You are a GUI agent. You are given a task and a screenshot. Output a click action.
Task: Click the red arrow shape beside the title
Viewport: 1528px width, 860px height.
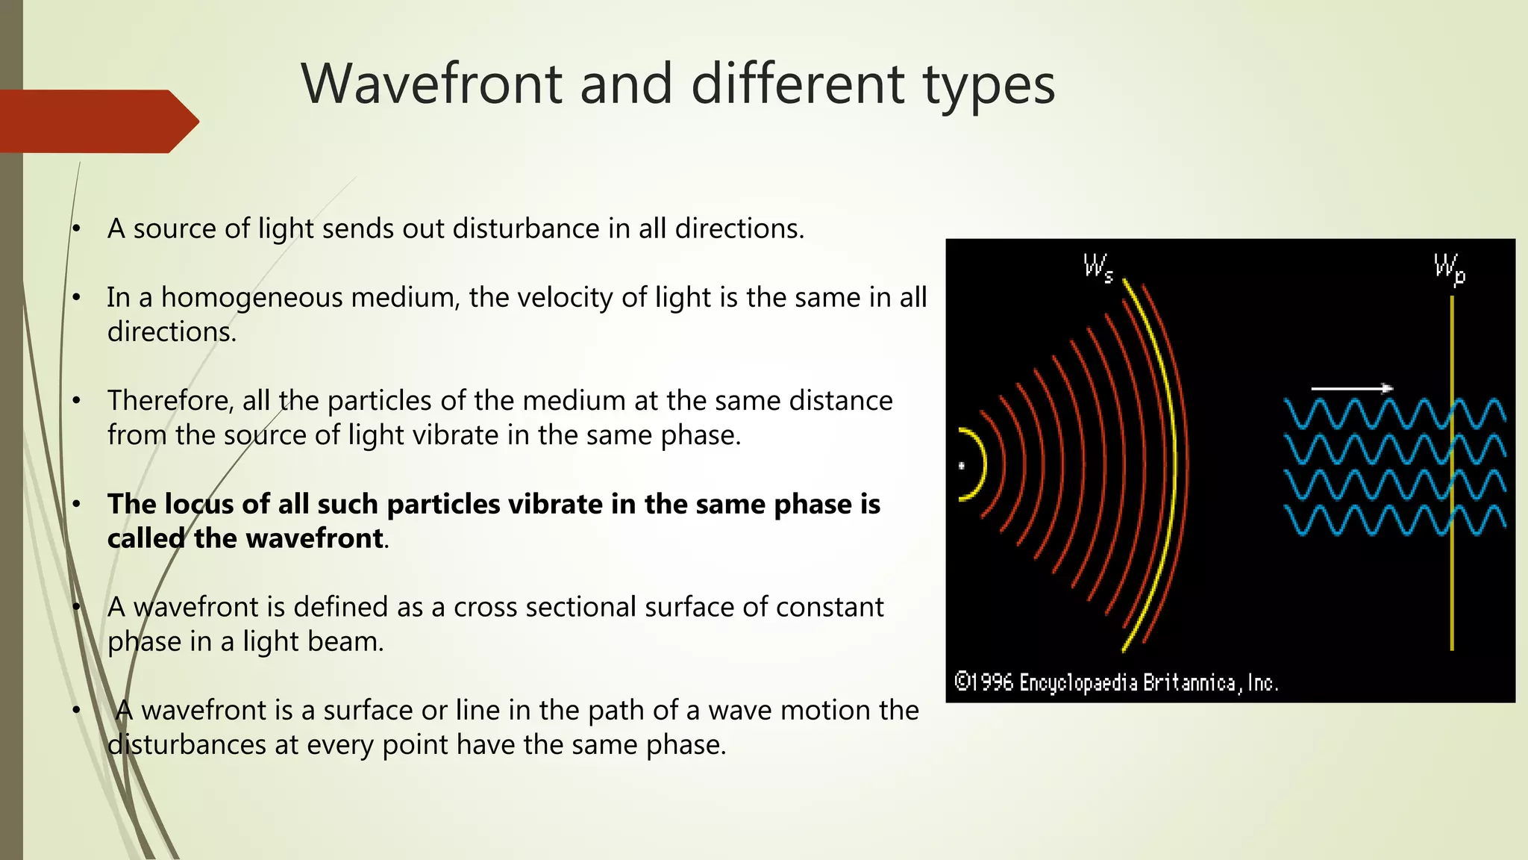click(x=97, y=122)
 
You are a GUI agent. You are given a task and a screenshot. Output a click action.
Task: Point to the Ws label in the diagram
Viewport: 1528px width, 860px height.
click(x=1098, y=267)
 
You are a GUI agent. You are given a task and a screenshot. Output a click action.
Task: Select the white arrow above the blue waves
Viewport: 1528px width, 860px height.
click(x=1351, y=388)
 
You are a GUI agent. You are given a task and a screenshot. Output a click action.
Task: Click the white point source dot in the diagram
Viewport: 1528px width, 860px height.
click(x=962, y=466)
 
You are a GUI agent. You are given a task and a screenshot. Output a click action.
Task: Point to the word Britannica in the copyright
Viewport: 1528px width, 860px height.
click(x=1189, y=682)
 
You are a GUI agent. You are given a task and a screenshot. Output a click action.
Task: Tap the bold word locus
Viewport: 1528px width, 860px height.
click(x=198, y=505)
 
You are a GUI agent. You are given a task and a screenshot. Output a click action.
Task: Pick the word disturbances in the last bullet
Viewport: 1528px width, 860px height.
click(x=187, y=745)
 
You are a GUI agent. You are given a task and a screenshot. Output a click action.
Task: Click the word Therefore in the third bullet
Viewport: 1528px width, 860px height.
click(x=169, y=401)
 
